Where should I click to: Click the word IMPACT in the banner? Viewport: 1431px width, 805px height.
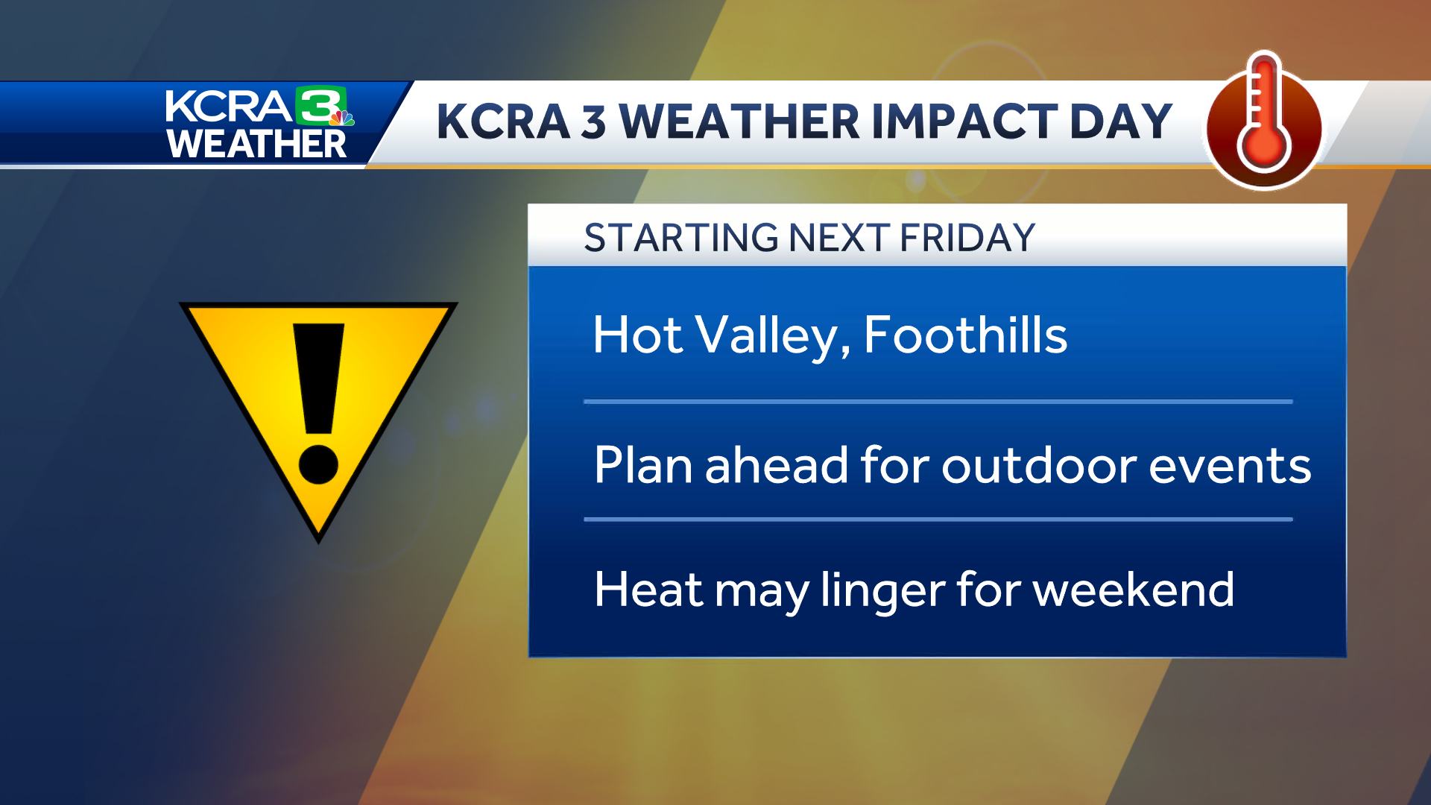[x=964, y=121]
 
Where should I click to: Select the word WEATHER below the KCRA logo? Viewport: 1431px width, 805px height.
[x=256, y=144]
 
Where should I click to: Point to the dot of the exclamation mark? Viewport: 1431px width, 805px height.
[x=318, y=464]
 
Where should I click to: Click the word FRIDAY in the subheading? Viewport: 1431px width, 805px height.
[x=967, y=239]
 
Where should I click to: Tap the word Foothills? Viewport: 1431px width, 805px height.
[x=965, y=335]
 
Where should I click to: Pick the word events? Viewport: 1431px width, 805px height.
[x=1230, y=466]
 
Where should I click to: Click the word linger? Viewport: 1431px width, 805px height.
[x=882, y=591]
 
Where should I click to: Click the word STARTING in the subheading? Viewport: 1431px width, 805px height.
[x=681, y=239]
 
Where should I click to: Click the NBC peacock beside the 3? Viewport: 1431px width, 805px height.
[x=343, y=118]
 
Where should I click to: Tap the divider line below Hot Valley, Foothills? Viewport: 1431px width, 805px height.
[x=938, y=402]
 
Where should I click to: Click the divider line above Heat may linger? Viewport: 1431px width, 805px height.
[x=938, y=519]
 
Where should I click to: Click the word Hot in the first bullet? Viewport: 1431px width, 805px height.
[x=637, y=335]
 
